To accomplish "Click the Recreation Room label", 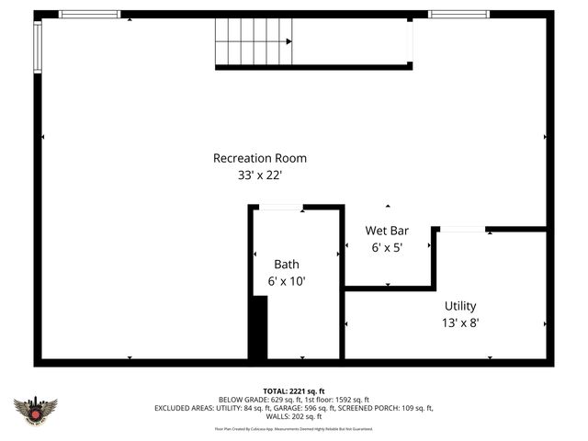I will (260, 158).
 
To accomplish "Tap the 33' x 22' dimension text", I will (260, 175).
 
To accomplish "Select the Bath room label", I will (286, 265).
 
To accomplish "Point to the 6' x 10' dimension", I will (286, 282).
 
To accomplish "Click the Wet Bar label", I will (387, 231).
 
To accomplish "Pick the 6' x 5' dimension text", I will (387, 247).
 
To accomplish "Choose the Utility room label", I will (460, 306).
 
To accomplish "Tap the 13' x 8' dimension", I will (460, 322).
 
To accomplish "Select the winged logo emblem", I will (36, 410).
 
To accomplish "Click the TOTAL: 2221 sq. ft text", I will (294, 391).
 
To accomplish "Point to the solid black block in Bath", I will (259, 328).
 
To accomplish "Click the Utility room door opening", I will (462, 229).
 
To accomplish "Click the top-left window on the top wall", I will (90, 14).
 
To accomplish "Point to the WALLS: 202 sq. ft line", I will (294, 416).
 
